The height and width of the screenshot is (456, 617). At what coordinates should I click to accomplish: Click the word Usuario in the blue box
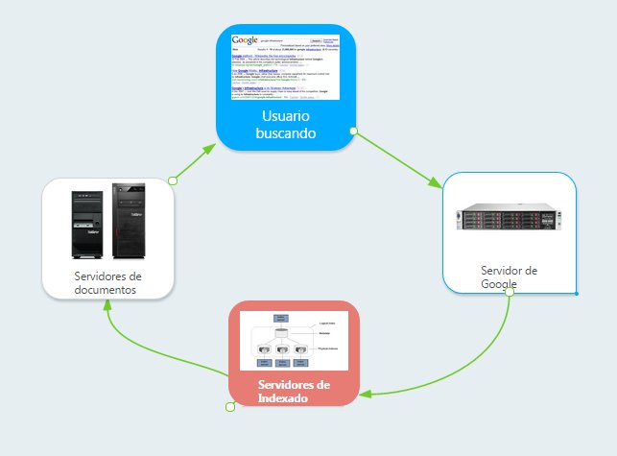click(285, 115)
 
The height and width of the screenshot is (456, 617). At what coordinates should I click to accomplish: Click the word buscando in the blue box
click(285, 133)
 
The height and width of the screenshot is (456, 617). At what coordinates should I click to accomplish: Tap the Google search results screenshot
click(285, 65)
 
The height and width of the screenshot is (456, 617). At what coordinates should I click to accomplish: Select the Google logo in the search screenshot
click(246, 40)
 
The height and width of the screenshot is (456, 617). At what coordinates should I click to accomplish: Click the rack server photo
click(509, 218)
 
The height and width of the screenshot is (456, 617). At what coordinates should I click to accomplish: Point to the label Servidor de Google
click(509, 276)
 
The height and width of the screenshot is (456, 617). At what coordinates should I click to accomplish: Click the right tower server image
click(128, 222)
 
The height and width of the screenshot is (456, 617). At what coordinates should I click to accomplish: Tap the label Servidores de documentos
click(107, 283)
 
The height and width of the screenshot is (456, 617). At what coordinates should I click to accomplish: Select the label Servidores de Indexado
click(294, 391)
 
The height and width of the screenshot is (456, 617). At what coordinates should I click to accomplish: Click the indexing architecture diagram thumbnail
click(294, 341)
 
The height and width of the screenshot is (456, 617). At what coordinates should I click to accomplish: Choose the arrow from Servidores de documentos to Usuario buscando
click(197, 163)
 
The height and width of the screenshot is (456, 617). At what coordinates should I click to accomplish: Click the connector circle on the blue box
click(353, 131)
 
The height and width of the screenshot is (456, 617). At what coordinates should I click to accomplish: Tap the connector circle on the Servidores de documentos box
click(173, 180)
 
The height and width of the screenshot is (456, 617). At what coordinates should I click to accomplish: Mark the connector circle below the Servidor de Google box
click(510, 294)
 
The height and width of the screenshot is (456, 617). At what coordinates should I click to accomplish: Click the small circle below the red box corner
click(230, 407)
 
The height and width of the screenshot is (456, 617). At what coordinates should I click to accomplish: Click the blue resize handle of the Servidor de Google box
click(576, 293)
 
